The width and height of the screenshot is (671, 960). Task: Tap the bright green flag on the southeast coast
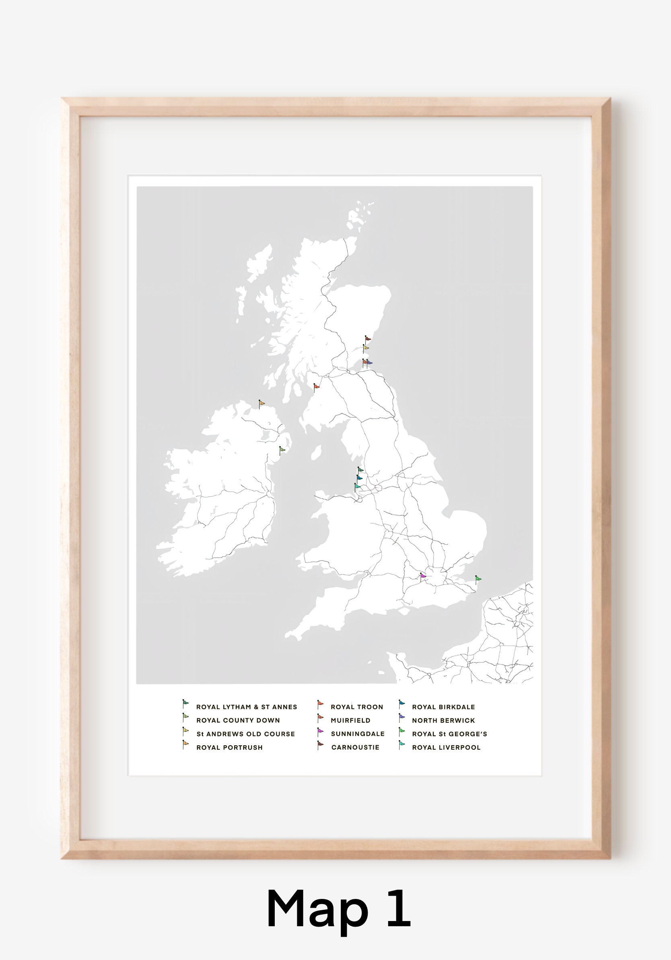point(478,579)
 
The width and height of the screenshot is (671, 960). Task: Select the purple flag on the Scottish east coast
point(369,363)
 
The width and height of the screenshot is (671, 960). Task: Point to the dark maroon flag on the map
point(367,338)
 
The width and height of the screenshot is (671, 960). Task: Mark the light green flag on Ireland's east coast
point(282,450)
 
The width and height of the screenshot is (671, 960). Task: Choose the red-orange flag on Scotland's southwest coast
point(316,387)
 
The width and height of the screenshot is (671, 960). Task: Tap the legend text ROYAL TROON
point(357,707)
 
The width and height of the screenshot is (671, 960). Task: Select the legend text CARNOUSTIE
point(355,747)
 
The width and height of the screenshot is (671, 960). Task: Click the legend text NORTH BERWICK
point(443,720)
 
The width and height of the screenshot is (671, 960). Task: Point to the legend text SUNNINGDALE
point(358,734)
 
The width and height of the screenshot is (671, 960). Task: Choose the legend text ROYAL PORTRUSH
point(230,747)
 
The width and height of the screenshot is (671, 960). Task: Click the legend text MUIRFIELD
point(350,720)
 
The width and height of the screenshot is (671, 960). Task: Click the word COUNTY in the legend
point(239,720)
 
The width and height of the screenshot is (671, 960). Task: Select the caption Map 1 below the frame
point(338,909)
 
